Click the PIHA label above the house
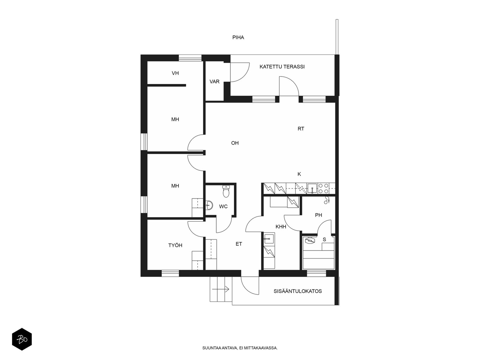click(238, 37)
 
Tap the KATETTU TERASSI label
click(282, 67)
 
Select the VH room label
click(175, 73)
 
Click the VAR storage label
click(214, 82)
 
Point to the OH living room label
click(235, 143)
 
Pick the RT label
click(301, 129)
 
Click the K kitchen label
click(299, 174)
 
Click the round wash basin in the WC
click(209, 205)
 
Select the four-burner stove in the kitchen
click(323, 188)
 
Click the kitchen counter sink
click(312, 188)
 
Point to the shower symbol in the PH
click(327, 200)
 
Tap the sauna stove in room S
click(310, 241)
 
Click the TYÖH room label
click(175, 245)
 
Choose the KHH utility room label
click(281, 227)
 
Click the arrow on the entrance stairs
click(220, 289)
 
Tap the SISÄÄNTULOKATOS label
click(298, 291)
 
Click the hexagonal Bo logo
click(22, 339)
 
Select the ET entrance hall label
click(239, 244)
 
